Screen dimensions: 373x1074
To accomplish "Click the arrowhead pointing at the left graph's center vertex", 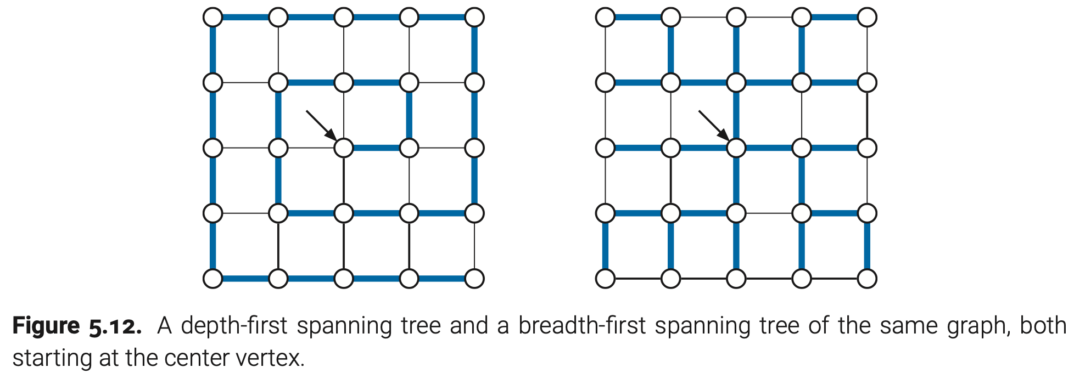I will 330,134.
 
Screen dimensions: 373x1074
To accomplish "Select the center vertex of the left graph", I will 344,148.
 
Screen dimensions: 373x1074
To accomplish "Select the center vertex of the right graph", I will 736,148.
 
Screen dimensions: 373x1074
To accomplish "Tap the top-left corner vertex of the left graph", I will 213,17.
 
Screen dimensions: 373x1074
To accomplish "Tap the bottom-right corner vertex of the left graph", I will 474,279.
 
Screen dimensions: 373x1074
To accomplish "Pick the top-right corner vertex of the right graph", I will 867,17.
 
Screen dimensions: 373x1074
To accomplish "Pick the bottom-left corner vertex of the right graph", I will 606,279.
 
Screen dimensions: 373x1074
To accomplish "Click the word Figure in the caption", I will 46,326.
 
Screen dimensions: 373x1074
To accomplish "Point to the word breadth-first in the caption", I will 581,326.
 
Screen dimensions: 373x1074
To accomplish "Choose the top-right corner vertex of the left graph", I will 474,17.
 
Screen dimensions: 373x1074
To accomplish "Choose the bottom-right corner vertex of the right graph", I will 867,279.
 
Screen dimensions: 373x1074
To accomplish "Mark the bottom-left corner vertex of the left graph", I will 213,279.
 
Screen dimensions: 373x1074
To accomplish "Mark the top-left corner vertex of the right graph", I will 606,17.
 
